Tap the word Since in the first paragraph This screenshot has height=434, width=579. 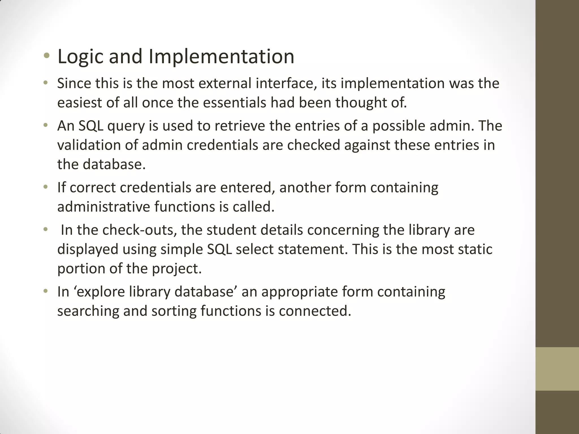tap(74, 84)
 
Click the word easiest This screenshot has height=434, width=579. tap(80, 103)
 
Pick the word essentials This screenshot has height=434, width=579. tap(234, 103)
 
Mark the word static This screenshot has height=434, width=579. tap(475, 249)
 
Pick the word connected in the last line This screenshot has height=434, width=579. tap(315, 311)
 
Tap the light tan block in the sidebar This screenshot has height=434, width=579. tap(557, 369)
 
